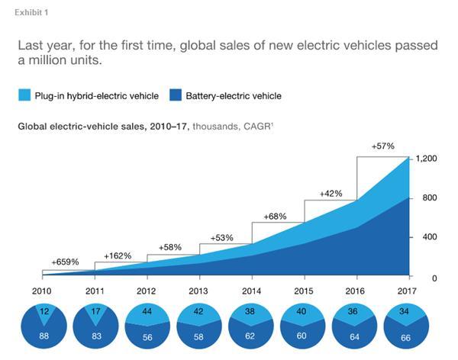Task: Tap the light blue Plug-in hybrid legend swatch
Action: click(24, 96)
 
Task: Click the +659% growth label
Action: click(65, 262)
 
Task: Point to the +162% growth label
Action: click(118, 256)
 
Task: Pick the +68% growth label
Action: click(275, 217)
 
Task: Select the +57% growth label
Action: click(384, 146)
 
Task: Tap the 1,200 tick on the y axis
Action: click(426, 159)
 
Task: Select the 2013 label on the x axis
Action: click(199, 291)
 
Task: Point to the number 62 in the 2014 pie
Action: click(252, 337)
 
